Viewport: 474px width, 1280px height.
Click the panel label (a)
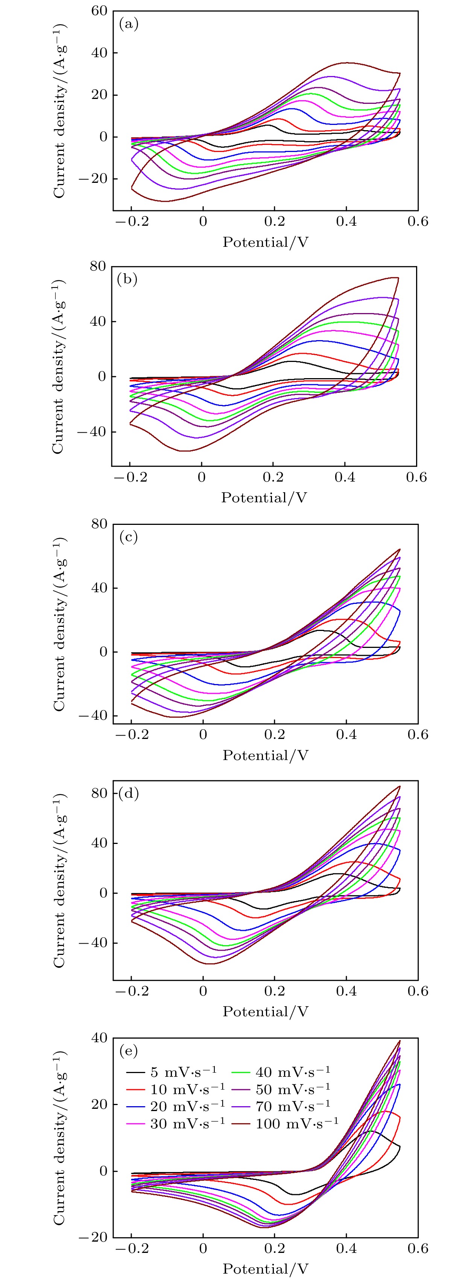[x=129, y=24]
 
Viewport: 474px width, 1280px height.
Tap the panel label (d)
[x=129, y=793]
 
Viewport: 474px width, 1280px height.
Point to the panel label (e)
[x=129, y=1050]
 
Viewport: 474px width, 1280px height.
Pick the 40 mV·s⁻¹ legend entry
[x=293, y=1072]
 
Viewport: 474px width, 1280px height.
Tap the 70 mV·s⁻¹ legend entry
[x=293, y=1107]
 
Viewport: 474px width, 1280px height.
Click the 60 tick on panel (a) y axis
[x=99, y=11]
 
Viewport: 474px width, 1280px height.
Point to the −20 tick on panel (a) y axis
[x=93, y=179]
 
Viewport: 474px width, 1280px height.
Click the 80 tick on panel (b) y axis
[x=98, y=266]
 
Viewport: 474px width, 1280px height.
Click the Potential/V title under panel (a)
[x=265, y=242]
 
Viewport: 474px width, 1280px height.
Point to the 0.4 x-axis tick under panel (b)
[x=345, y=477]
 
